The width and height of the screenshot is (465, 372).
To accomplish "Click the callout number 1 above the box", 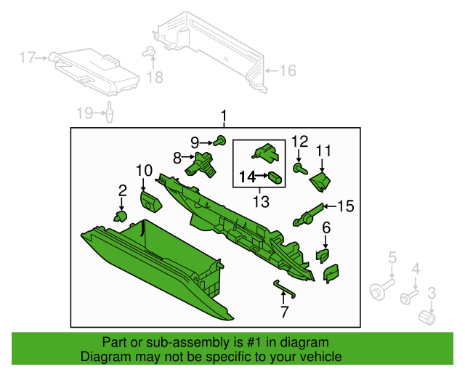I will point(225,116).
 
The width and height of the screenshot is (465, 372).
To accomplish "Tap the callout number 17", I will point(27,57).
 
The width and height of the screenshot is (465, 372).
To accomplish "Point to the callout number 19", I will point(86,113).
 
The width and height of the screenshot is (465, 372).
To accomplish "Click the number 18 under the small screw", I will point(155,77).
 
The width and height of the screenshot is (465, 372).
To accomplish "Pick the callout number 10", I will point(143,171).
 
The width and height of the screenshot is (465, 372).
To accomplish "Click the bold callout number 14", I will point(247,176).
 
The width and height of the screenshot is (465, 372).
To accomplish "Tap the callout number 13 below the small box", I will point(260,200).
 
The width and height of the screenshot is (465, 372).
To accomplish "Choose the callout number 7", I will point(284,313).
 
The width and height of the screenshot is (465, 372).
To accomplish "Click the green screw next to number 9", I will point(222,140).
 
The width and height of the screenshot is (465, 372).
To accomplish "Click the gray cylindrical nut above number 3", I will point(429,318).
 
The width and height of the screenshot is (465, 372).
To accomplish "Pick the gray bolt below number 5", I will point(378,292).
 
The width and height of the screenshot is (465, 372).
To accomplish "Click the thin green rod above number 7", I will point(284,288).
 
